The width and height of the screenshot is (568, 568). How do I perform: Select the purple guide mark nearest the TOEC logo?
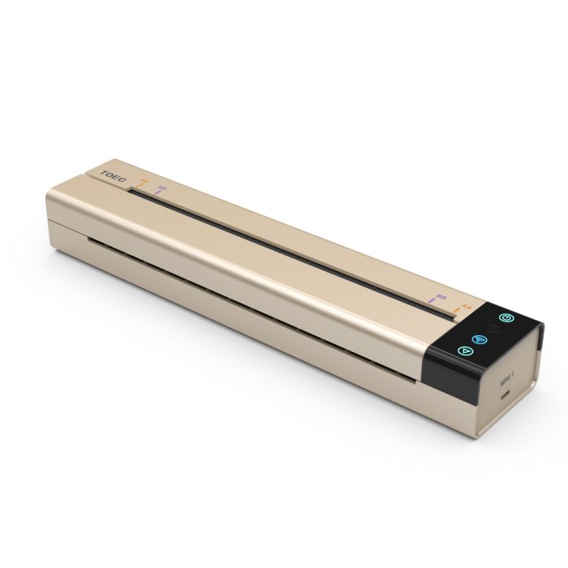(x=161, y=191)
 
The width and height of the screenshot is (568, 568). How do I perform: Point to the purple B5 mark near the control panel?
(x=439, y=301)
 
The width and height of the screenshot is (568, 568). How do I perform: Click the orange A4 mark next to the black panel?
(x=463, y=309)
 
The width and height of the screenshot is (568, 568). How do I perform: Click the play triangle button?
(x=463, y=351)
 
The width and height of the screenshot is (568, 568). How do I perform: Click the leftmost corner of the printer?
(x=48, y=195)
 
